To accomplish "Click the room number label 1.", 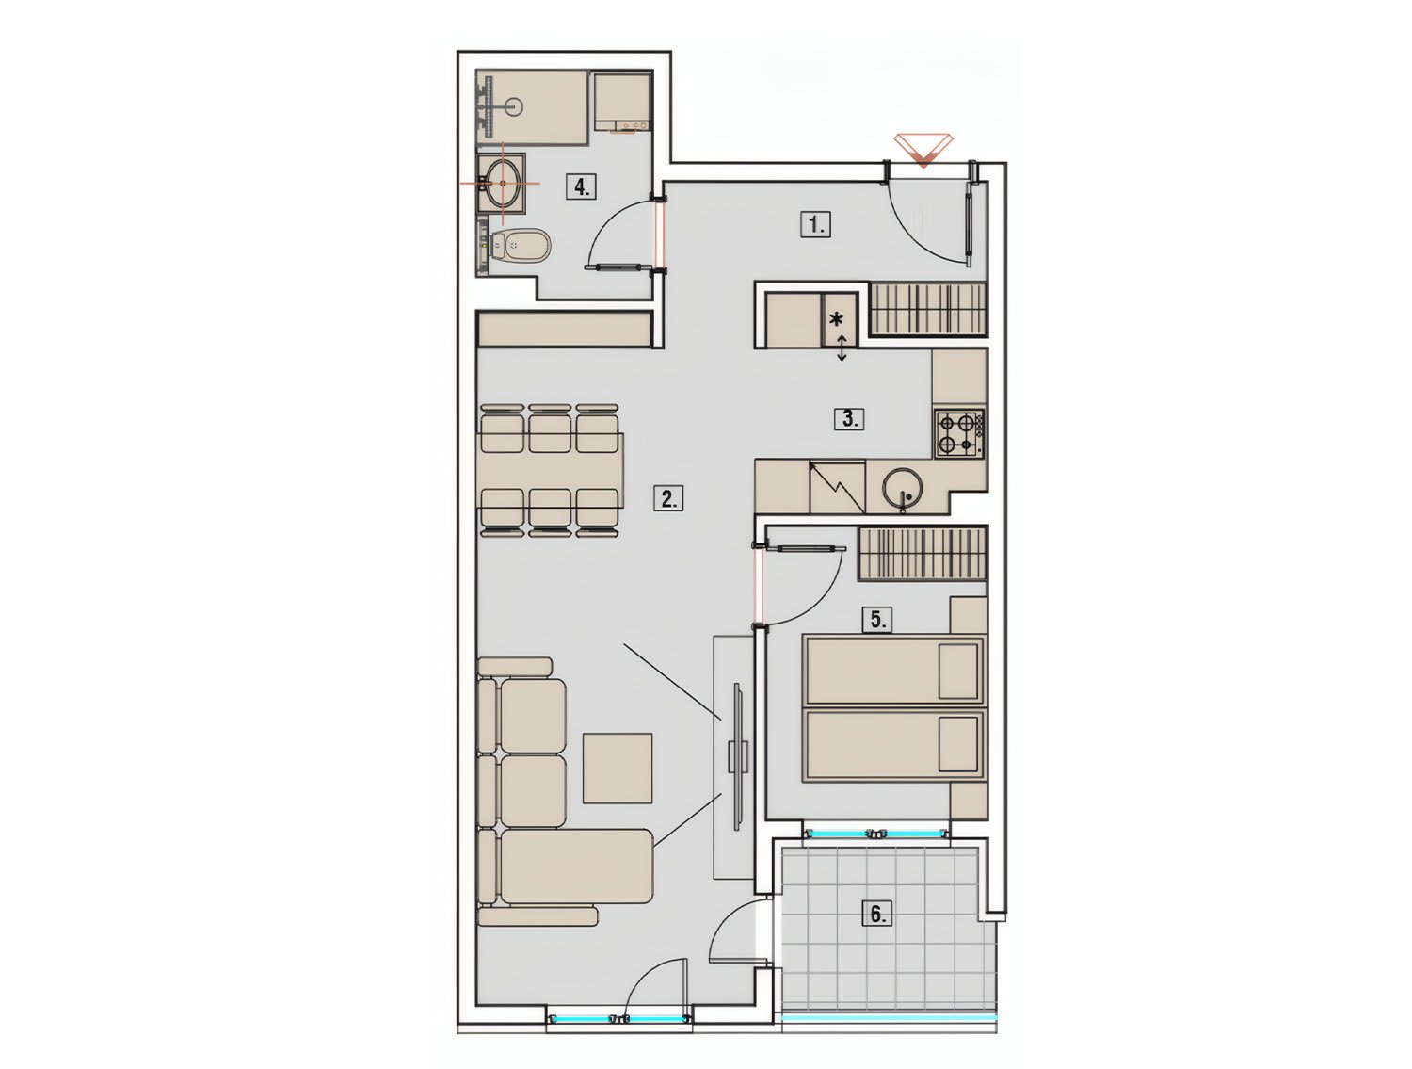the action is [816, 225].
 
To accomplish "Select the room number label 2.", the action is [668, 499].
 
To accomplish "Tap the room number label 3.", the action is [849, 418].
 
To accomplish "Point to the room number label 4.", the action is [582, 187].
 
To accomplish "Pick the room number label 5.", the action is [877, 619].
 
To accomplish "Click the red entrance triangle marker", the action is [923, 150].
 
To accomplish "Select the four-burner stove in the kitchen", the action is [959, 433].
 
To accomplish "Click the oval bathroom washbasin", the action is [503, 183].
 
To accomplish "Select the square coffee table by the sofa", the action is [618, 769].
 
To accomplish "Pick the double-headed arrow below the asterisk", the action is [842, 348].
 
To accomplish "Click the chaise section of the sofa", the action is [576, 867].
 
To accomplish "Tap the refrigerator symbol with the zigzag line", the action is [837, 485].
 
